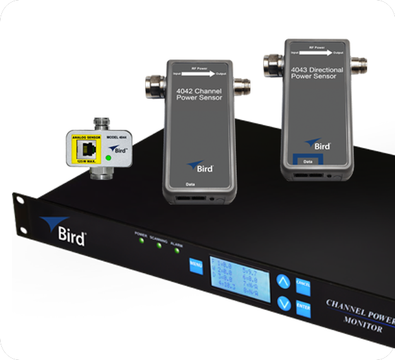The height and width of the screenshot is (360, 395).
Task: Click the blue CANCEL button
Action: click(x=303, y=285)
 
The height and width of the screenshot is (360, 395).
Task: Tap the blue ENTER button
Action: click(x=303, y=308)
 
